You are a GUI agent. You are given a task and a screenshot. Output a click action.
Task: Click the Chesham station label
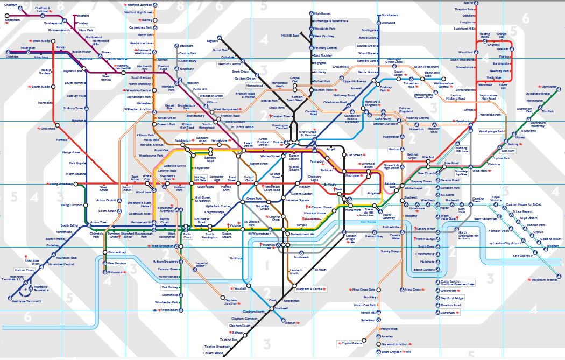click(11, 5)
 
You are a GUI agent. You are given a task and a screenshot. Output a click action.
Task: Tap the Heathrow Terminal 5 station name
click(26, 301)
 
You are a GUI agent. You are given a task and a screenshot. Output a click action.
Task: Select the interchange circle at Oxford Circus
click(249, 185)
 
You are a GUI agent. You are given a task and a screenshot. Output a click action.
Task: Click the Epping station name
click(468, 3)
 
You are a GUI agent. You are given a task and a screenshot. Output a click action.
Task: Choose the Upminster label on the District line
click(549, 86)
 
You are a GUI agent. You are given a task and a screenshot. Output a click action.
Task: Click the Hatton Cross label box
click(24, 270)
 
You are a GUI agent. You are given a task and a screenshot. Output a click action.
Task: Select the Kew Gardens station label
click(118, 263)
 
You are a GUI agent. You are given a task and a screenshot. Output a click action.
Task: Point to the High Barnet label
click(323, 13)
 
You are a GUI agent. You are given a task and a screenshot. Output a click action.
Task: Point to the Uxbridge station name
click(12, 56)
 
